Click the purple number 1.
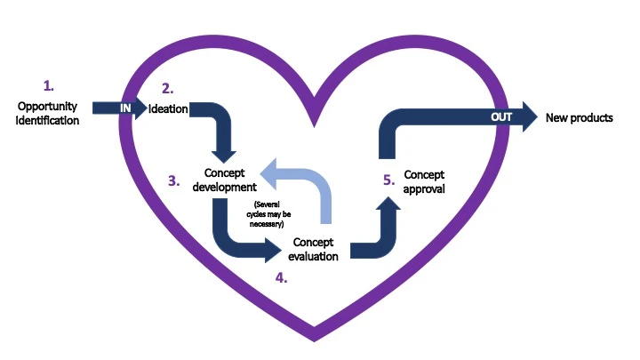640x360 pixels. click(49, 86)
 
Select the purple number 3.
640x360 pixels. click(174, 180)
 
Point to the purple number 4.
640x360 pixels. click(281, 278)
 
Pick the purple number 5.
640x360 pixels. click(388, 180)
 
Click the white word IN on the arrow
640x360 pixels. click(126, 107)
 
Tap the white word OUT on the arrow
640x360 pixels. click(503, 116)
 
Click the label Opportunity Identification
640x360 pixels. click(47, 114)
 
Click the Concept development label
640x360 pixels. click(225, 180)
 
